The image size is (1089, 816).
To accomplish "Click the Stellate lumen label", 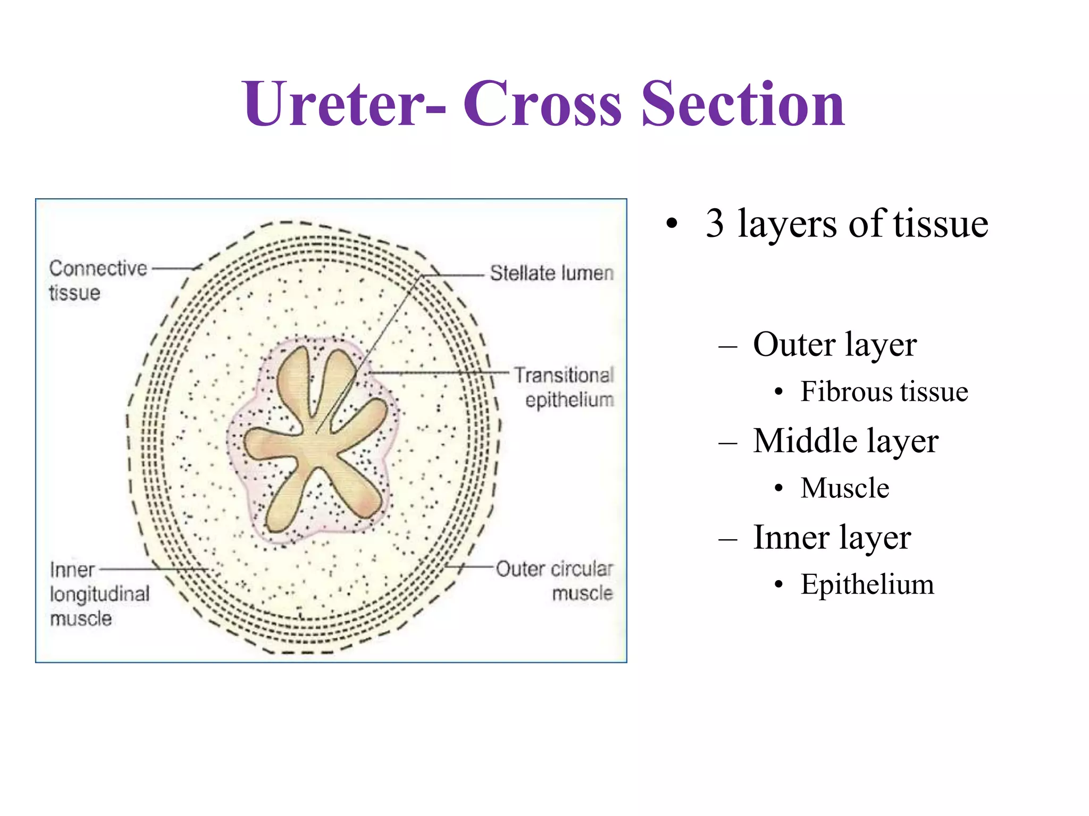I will click(551, 274).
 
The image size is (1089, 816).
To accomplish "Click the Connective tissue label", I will click(97, 280).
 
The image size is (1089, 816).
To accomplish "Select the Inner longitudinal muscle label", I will click(99, 594).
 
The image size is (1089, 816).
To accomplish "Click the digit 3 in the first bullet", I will click(715, 224).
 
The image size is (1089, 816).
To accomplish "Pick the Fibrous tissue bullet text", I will click(884, 392).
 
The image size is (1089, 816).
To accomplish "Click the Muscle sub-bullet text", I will click(844, 488).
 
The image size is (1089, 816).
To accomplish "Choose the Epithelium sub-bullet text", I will click(867, 584).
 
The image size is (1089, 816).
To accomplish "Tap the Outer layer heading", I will click(834, 345).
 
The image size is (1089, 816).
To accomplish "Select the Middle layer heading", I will click(845, 441).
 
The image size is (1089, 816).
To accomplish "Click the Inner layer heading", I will click(832, 538).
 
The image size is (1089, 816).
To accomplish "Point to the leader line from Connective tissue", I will click(174, 269).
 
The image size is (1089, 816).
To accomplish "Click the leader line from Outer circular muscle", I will click(471, 567).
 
